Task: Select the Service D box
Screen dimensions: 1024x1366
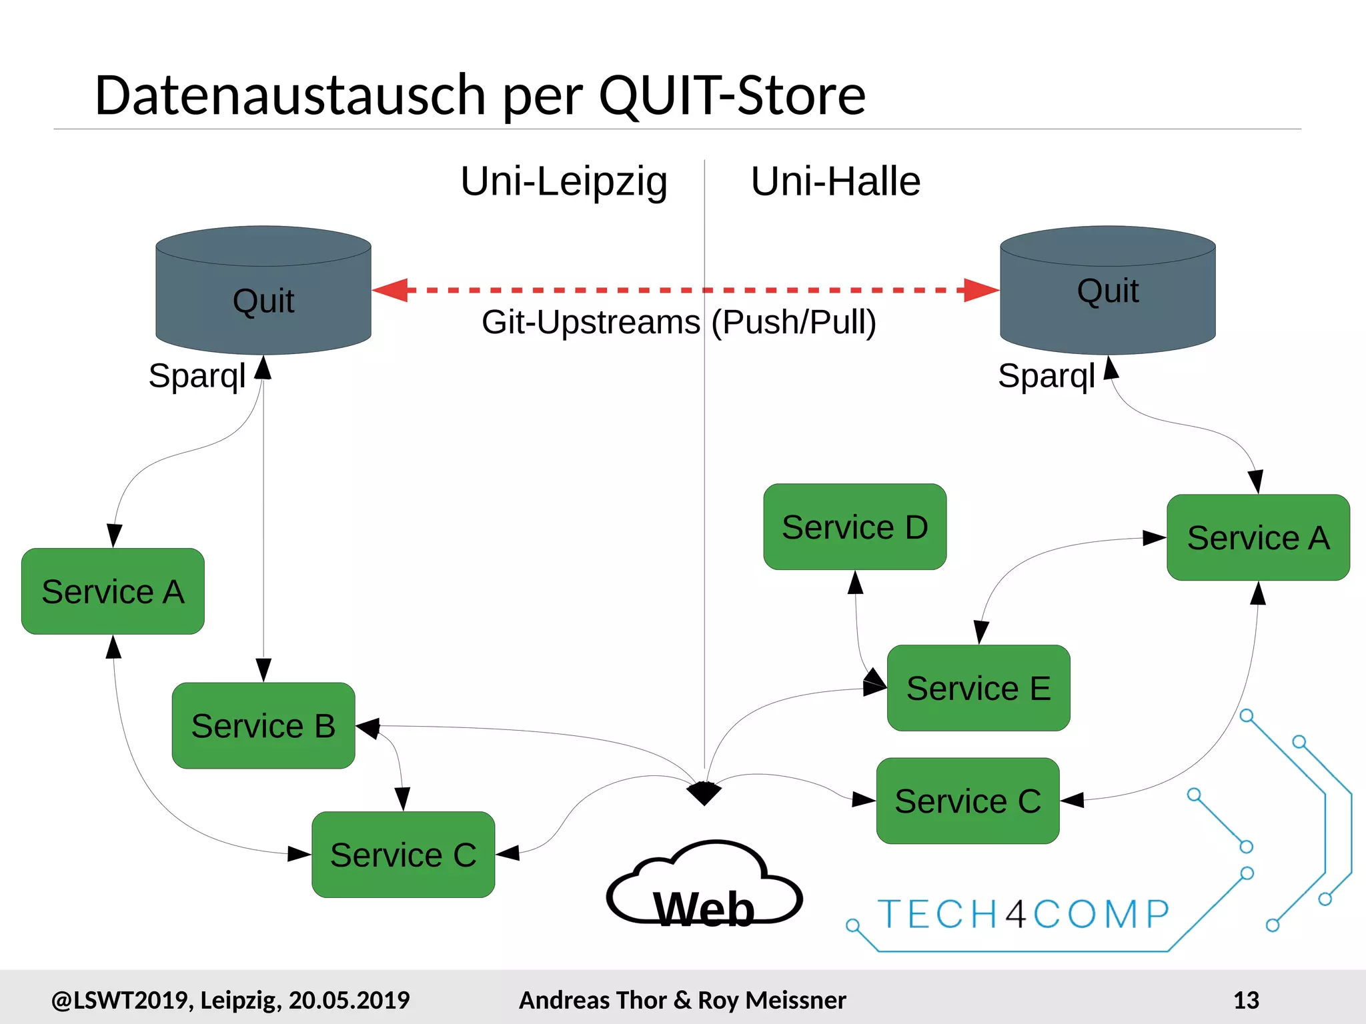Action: (854, 527)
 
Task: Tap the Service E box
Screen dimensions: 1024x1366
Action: (978, 688)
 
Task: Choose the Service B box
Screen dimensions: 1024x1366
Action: (263, 725)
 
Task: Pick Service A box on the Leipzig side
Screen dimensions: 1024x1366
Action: (113, 591)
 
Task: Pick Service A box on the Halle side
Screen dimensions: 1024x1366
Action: (1258, 537)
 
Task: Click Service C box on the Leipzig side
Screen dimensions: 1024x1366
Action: (403, 855)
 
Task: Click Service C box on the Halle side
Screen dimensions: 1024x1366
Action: (968, 801)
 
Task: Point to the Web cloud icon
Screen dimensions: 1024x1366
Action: (704, 887)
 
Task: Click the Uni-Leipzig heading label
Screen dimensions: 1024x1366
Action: (564, 181)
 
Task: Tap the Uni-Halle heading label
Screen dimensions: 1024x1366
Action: (835, 181)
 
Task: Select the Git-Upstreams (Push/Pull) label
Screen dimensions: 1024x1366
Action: (678, 323)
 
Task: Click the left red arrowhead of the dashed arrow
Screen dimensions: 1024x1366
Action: (391, 290)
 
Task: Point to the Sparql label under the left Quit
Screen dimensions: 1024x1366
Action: (197, 376)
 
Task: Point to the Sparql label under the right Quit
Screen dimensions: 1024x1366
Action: (1046, 376)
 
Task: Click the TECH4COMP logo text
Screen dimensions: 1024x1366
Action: (1024, 914)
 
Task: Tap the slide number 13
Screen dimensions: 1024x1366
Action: (1246, 1000)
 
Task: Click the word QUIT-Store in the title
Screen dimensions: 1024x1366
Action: (732, 95)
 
